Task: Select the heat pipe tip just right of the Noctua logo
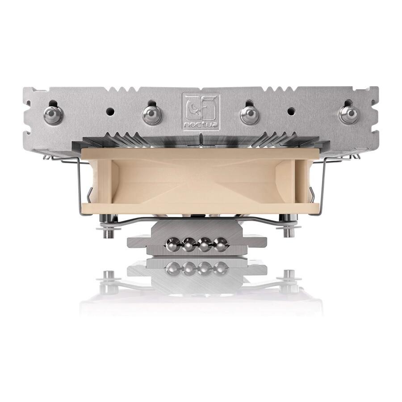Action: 249,114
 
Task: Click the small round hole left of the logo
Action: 110,111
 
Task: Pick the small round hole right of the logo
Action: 291,111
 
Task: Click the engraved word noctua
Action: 201,125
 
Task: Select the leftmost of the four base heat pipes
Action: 173,244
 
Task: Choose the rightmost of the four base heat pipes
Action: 221,244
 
